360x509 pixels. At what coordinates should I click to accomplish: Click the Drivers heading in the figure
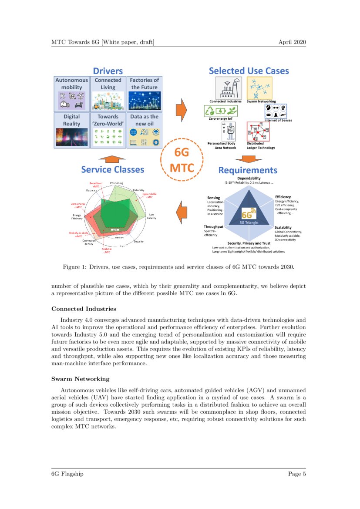coord(108,71)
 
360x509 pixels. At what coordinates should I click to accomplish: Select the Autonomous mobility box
coord(71,93)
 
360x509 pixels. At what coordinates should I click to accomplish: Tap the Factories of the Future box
coord(144,93)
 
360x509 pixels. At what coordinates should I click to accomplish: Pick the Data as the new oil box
coord(144,129)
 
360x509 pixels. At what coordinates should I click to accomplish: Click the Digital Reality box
coord(71,129)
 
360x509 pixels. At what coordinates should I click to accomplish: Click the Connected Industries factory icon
coord(225,88)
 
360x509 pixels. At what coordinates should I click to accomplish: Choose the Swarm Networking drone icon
coord(259,88)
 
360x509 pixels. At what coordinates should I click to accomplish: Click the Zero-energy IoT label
coord(221,118)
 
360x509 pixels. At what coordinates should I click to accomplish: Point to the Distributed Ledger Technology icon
coord(258,131)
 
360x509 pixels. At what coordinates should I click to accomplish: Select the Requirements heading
coord(247,170)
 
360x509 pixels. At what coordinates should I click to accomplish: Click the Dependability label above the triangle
coord(249,179)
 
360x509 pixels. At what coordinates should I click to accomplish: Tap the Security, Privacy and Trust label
coord(249,243)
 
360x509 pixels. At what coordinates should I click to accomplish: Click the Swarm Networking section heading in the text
coord(80,379)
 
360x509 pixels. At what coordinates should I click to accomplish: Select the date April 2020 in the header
coord(293,42)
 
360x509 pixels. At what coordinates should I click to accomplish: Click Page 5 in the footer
coord(297,474)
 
